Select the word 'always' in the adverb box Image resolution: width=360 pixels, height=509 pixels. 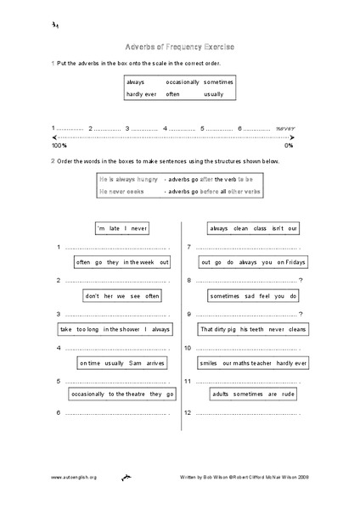click(x=137, y=81)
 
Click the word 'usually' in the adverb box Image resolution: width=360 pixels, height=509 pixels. click(x=214, y=94)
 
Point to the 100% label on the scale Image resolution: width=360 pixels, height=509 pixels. click(x=59, y=146)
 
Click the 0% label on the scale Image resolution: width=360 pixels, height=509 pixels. click(x=289, y=146)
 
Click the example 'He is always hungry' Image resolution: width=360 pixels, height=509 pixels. click(x=129, y=180)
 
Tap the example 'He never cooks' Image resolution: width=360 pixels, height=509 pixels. click(x=122, y=192)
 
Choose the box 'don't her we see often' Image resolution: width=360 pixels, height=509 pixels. click(x=122, y=296)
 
